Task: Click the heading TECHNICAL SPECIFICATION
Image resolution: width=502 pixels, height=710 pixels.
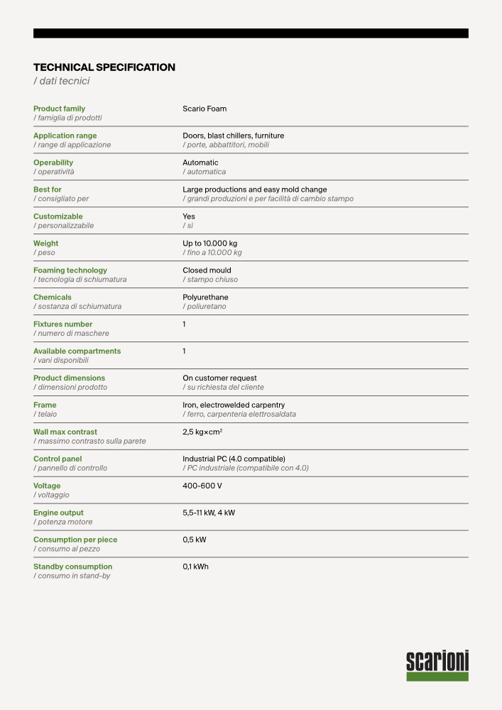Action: click(104, 67)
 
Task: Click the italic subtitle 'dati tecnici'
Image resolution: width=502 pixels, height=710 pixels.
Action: click(62, 82)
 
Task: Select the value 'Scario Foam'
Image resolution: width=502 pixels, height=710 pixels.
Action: click(204, 109)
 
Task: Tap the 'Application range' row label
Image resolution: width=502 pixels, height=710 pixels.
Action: click(65, 136)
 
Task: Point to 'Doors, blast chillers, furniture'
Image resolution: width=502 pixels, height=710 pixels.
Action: click(233, 136)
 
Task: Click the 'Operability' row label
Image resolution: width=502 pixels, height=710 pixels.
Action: click(53, 163)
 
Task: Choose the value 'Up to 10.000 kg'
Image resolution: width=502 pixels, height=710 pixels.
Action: click(210, 244)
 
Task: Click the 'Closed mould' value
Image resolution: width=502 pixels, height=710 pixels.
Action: click(207, 271)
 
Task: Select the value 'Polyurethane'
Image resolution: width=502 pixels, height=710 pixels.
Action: click(205, 297)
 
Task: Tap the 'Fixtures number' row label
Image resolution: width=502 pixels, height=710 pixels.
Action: click(63, 324)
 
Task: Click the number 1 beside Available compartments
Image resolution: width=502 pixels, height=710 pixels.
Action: click(185, 351)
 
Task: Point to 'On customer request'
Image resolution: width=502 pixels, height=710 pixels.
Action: click(219, 378)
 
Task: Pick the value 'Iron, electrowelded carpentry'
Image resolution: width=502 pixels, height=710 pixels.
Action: click(234, 405)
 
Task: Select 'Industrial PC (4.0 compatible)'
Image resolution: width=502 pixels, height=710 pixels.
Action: click(234, 459)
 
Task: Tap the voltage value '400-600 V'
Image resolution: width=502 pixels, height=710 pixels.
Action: click(202, 486)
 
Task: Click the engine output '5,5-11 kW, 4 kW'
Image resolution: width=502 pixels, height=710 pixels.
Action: click(209, 513)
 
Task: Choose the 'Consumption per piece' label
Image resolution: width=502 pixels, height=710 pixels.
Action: click(75, 540)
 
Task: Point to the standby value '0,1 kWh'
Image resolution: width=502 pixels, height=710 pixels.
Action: click(196, 567)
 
